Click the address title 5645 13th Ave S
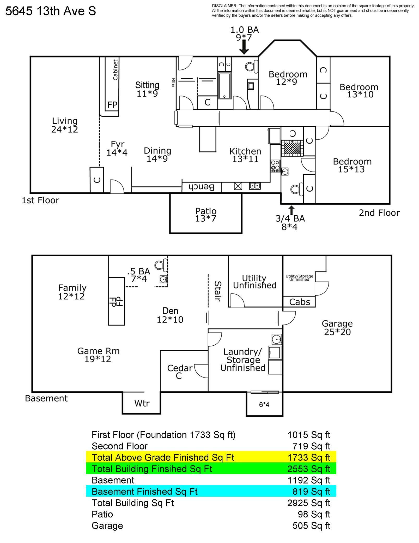tap(51, 11)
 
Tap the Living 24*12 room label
tap(65, 125)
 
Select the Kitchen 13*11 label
tap(245, 155)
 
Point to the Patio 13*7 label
tap(206, 215)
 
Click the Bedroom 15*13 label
tap(352, 165)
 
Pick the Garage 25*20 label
tap(337, 328)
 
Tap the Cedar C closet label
tap(180, 372)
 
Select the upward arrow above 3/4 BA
tap(292, 210)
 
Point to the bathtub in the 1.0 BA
tap(224, 86)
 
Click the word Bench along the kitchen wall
tap(201, 187)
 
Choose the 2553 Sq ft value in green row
tap(308, 469)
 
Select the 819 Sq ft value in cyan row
tap(311, 492)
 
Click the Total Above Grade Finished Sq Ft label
tap(163, 457)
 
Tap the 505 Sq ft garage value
tap(311, 526)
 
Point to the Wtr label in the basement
tap(142, 403)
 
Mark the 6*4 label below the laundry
tap(264, 405)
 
